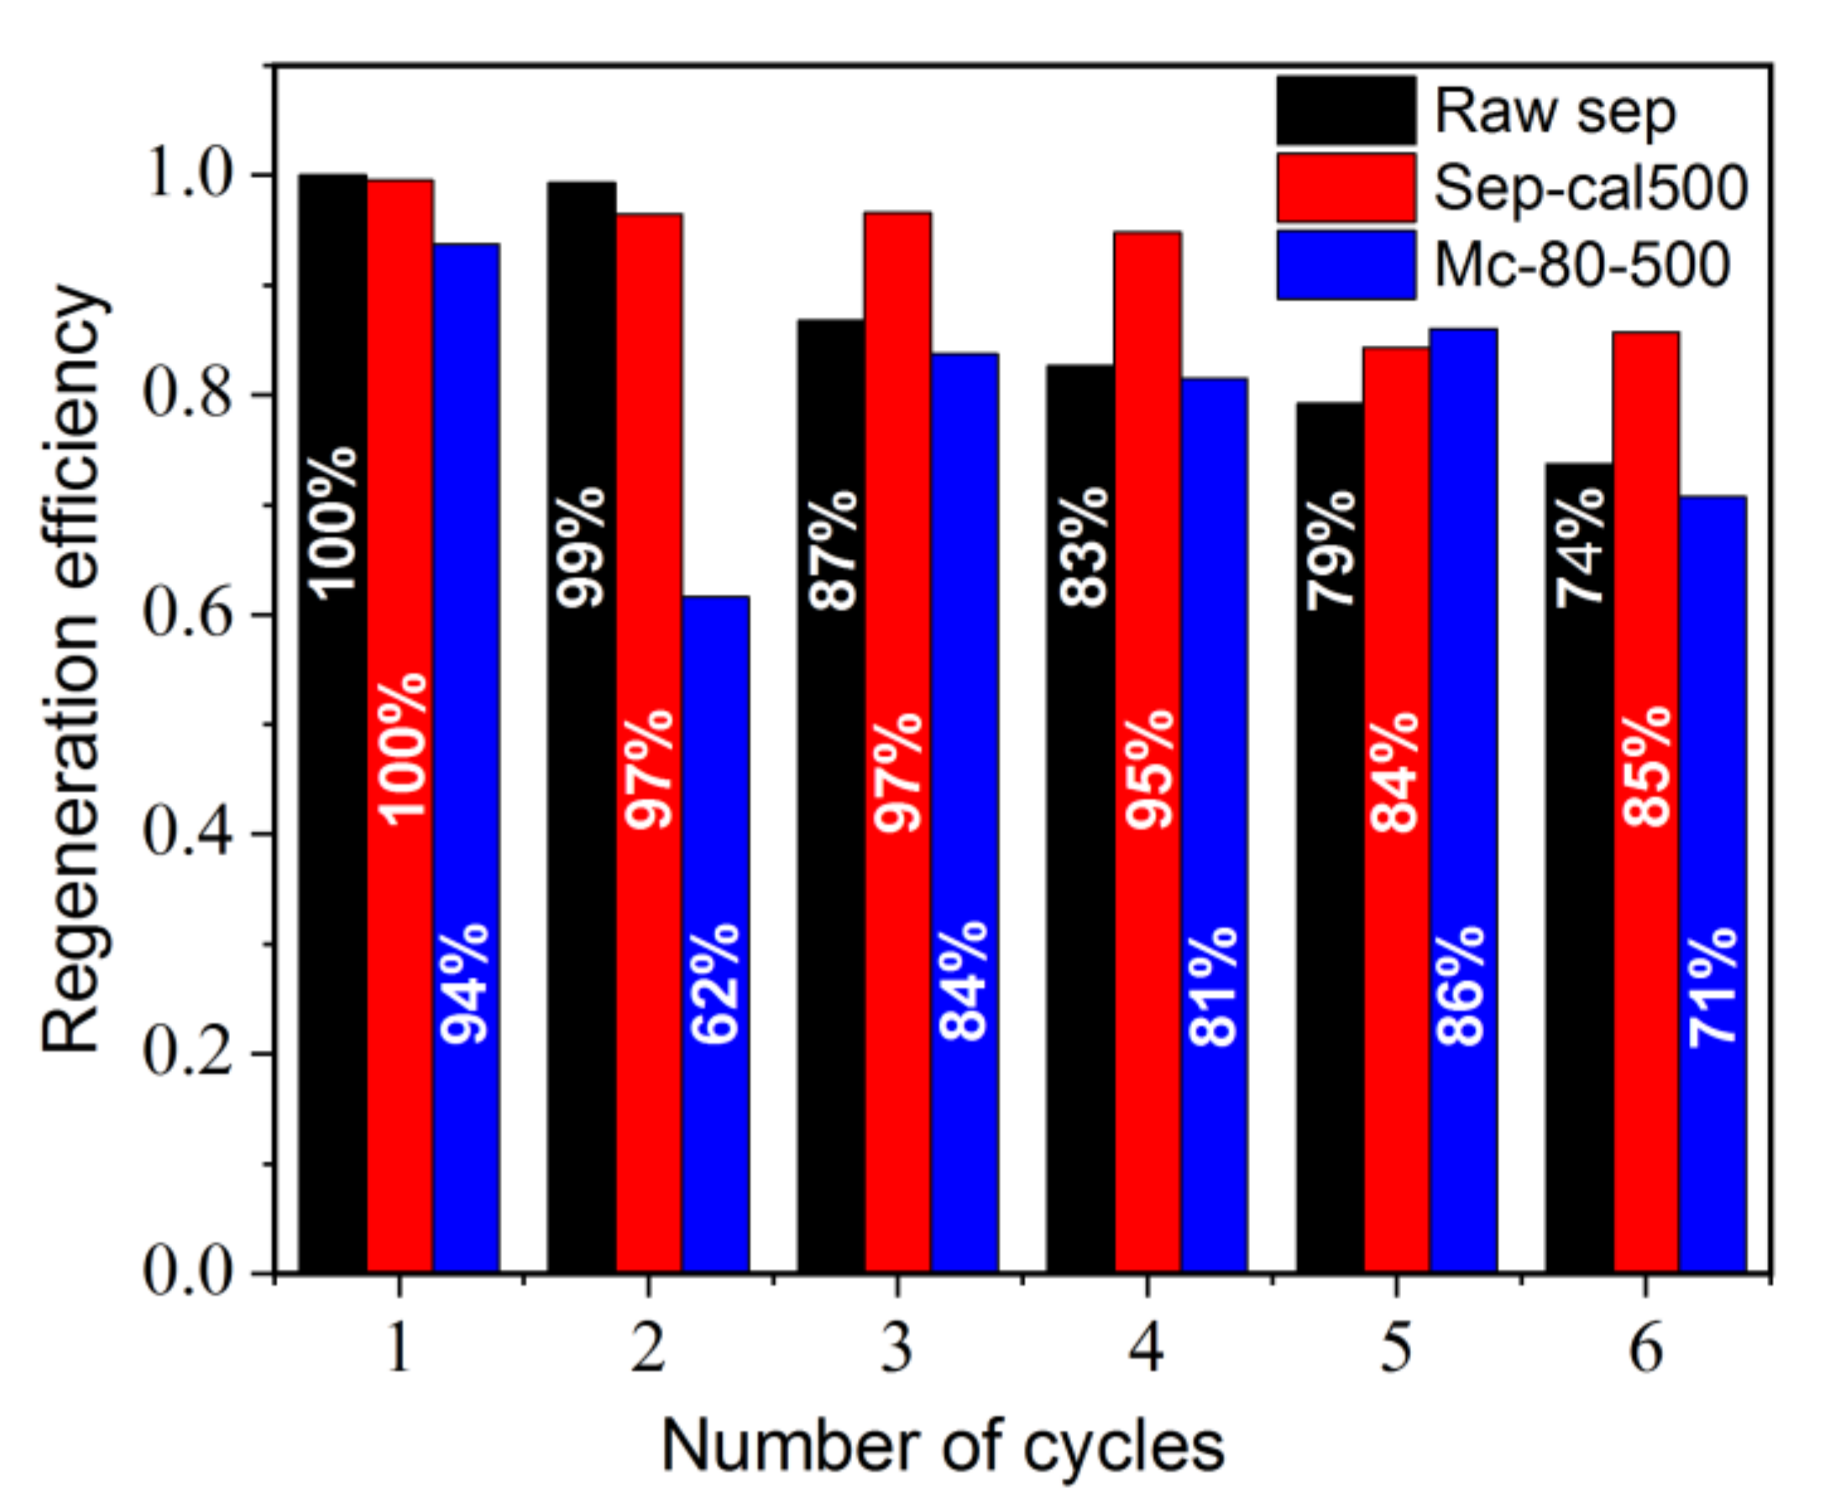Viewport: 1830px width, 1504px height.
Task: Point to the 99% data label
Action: pos(581,546)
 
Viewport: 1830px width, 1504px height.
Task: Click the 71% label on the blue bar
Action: pos(1713,987)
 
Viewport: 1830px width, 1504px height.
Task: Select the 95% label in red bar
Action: pos(1149,770)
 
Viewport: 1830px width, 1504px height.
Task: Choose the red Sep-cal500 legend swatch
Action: pos(1346,188)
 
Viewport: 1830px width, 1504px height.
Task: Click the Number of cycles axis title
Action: pos(942,1445)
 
